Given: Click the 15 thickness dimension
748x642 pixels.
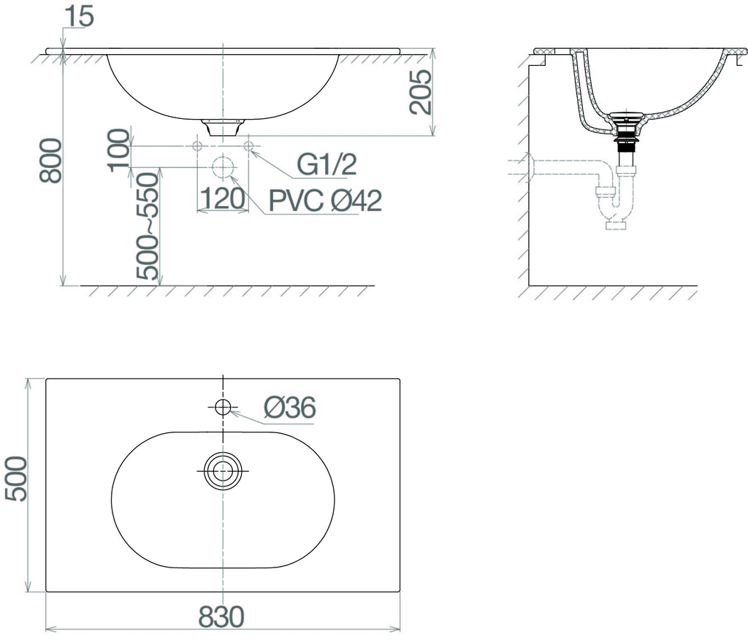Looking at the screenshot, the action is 79,17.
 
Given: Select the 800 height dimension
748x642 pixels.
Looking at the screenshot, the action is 50,161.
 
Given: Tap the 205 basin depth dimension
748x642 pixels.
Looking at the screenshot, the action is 421,91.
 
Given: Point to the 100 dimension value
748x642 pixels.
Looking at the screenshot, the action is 119,150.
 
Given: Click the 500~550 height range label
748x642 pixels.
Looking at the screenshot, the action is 147,226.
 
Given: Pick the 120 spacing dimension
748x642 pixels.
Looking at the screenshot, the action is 222,199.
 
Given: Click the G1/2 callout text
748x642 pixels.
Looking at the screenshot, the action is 327,164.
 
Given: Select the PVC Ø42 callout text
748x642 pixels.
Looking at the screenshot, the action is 325,200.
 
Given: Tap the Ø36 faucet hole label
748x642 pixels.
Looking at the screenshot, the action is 289,408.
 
